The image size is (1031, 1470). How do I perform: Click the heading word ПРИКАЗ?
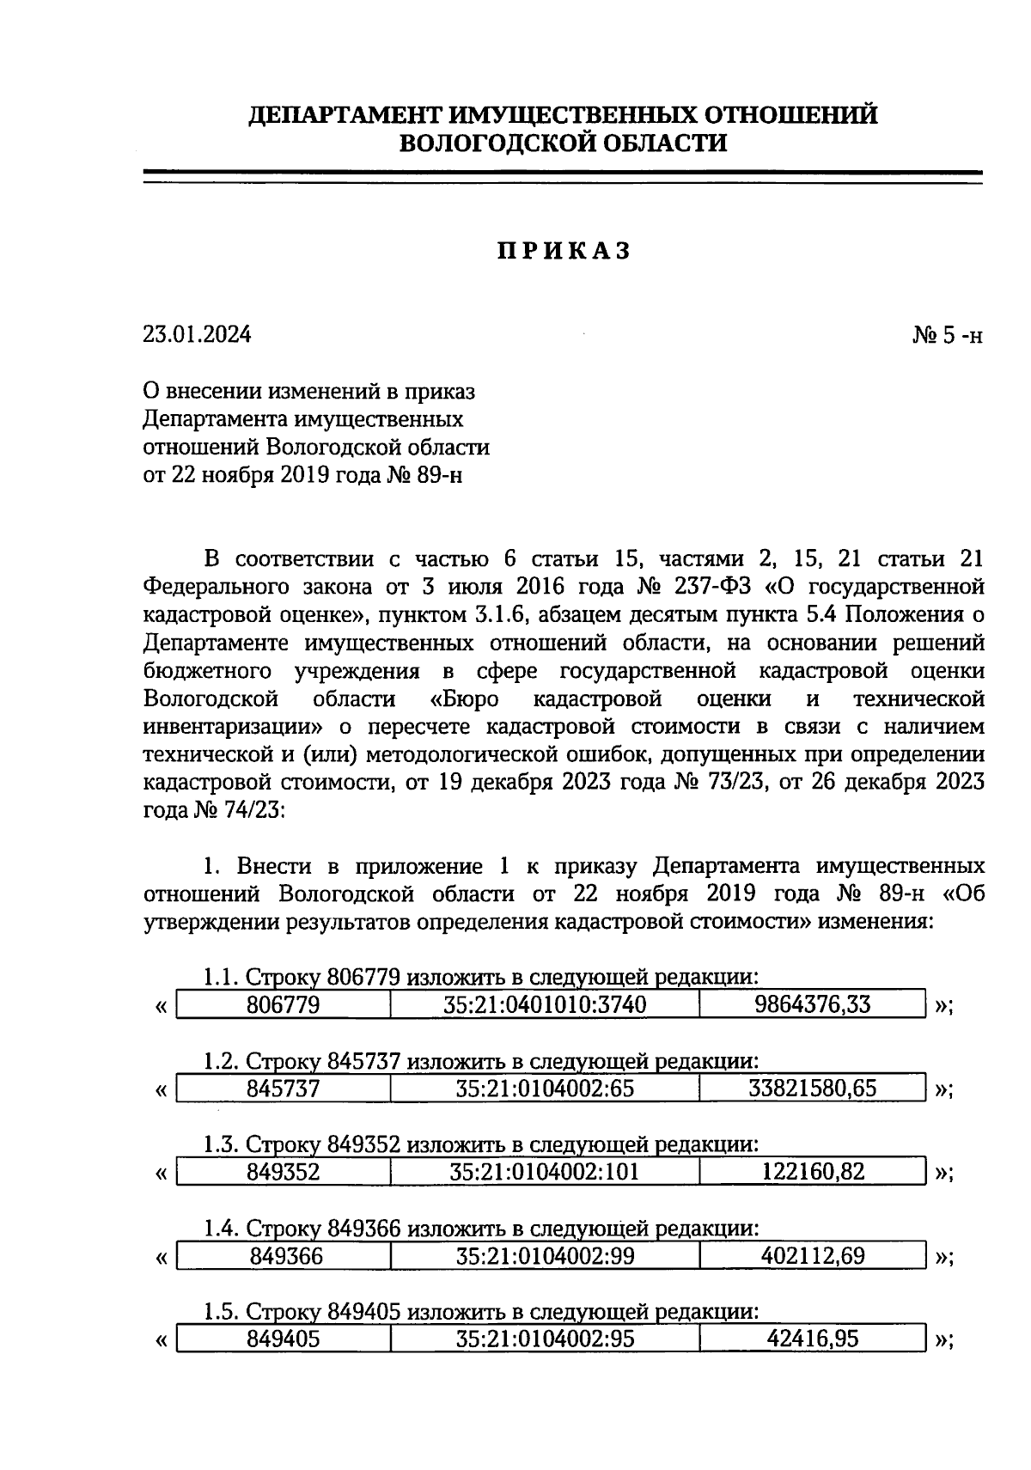tap(564, 251)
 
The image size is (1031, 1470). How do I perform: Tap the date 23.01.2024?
tap(197, 334)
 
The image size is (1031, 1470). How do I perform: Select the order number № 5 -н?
tap(946, 334)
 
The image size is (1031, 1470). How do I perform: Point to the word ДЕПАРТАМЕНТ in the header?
tap(344, 114)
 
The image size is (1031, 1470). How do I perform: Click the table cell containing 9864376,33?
tap(812, 1004)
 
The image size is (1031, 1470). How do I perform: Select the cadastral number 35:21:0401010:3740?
tap(545, 1004)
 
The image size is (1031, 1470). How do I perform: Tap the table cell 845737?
tap(283, 1089)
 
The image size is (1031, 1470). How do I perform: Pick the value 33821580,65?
tap(812, 1089)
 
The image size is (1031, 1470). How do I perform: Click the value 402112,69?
tap(812, 1257)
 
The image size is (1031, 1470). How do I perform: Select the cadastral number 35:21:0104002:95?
tap(545, 1339)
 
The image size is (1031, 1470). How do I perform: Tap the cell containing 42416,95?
tap(812, 1339)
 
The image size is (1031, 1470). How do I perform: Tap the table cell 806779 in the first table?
tap(283, 1004)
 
